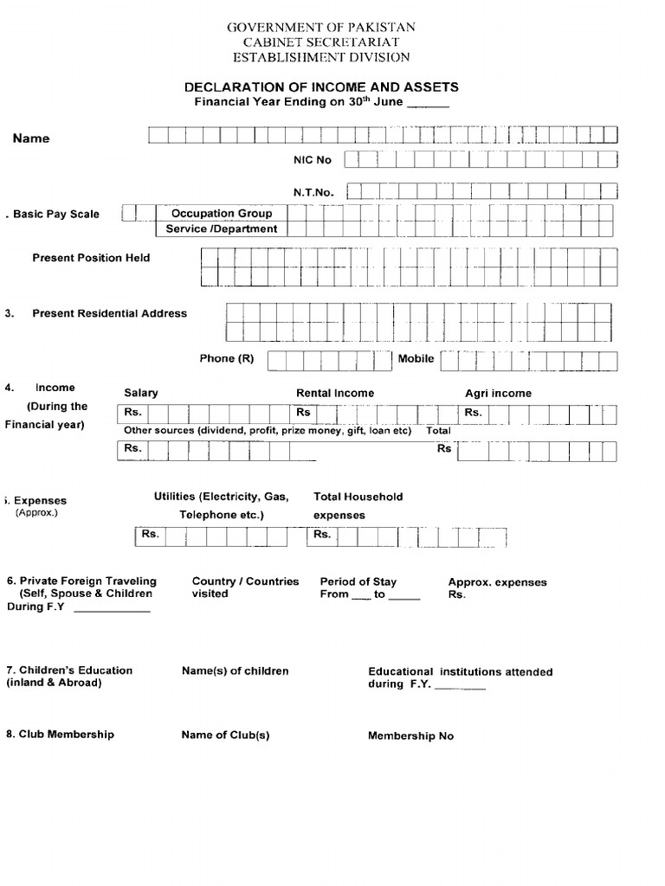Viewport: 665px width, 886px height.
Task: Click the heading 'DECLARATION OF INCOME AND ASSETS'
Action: click(x=320, y=87)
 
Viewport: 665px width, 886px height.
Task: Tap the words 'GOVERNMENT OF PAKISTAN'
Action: click(x=321, y=28)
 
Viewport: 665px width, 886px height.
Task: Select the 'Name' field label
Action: click(x=31, y=138)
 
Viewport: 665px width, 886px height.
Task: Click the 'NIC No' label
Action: click(x=313, y=160)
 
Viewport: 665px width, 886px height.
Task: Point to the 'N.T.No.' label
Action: click(x=313, y=191)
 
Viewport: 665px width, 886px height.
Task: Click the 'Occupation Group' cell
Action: click(x=222, y=213)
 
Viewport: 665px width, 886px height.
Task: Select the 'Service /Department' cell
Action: click(x=222, y=229)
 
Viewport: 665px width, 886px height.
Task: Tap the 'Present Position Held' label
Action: click(x=91, y=258)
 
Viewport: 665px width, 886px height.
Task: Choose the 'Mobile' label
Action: click(x=416, y=358)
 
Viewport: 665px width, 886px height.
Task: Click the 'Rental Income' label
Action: click(x=335, y=393)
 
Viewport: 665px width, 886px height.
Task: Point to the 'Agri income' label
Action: click(x=498, y=393)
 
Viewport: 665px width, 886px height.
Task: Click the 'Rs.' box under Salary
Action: click(x=132, y=413)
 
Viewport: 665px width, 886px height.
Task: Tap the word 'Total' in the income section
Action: click(x=438, y=430)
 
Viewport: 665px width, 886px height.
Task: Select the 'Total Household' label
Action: click(x=358, y=497)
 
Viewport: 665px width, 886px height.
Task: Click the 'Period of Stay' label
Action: click(x=358, y=582)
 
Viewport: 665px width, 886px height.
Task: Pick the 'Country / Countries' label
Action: click(x=245, y=582)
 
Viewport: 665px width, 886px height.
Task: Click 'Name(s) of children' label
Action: click(x=235, y=671)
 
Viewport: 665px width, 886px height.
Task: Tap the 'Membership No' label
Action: click(x=410, y=736)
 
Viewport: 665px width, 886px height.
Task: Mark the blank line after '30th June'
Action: click(x=428, y=106)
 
